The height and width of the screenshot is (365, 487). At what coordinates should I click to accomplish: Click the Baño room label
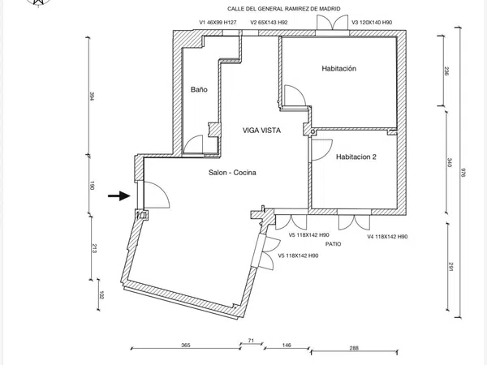(199, 90)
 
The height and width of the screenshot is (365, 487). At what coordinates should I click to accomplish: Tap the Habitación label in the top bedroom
(338, 68)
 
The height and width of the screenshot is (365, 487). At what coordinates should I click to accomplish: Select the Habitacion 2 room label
(356, 157)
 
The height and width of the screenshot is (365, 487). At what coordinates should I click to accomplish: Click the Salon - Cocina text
(232, 173)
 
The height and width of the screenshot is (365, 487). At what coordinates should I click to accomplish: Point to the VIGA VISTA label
(261, 131)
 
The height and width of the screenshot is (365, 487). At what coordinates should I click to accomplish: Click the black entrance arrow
(119, 195)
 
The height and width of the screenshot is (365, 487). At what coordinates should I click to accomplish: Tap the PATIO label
(333, 244)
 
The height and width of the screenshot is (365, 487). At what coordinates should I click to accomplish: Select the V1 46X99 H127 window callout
(218, 23)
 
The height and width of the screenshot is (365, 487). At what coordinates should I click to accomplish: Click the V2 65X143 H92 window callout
(269, 23)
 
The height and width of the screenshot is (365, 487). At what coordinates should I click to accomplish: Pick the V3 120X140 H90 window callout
(372, 23)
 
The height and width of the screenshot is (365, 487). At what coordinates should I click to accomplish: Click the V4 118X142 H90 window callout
(387, 237)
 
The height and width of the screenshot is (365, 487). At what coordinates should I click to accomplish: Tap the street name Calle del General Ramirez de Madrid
(283, 9)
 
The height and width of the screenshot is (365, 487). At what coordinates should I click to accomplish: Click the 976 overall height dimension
(463, 172)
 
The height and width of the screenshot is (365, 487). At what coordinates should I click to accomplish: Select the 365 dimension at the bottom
(185, 345)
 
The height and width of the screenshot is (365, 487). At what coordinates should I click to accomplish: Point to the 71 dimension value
(251, 341)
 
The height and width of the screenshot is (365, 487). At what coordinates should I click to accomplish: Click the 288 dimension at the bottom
(354, 348)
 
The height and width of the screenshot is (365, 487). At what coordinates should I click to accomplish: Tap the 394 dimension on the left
(92, 96)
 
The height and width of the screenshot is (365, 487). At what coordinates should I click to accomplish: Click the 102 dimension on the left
(101, 295)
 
